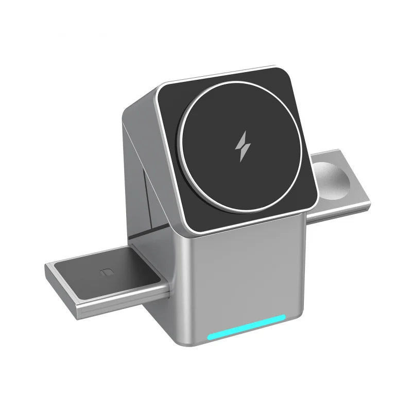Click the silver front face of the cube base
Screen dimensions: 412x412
(242, 278)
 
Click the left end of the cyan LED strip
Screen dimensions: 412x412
(210, 338)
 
